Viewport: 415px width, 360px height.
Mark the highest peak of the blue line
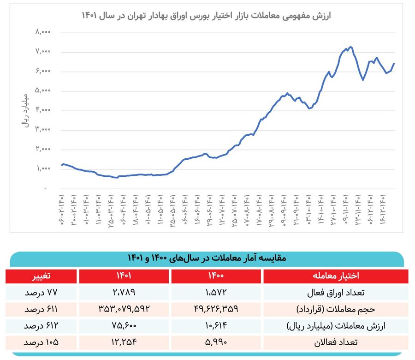click(350, 47)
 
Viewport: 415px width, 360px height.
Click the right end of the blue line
click(394, 64)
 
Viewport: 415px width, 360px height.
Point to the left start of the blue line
click(62, 165)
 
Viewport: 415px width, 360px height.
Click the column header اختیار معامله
click(336, 276)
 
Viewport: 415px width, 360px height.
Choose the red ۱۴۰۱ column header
click(123, 276)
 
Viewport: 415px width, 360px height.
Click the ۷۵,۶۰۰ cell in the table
click(123, 326)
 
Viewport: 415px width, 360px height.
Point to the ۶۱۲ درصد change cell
click(41, 326)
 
